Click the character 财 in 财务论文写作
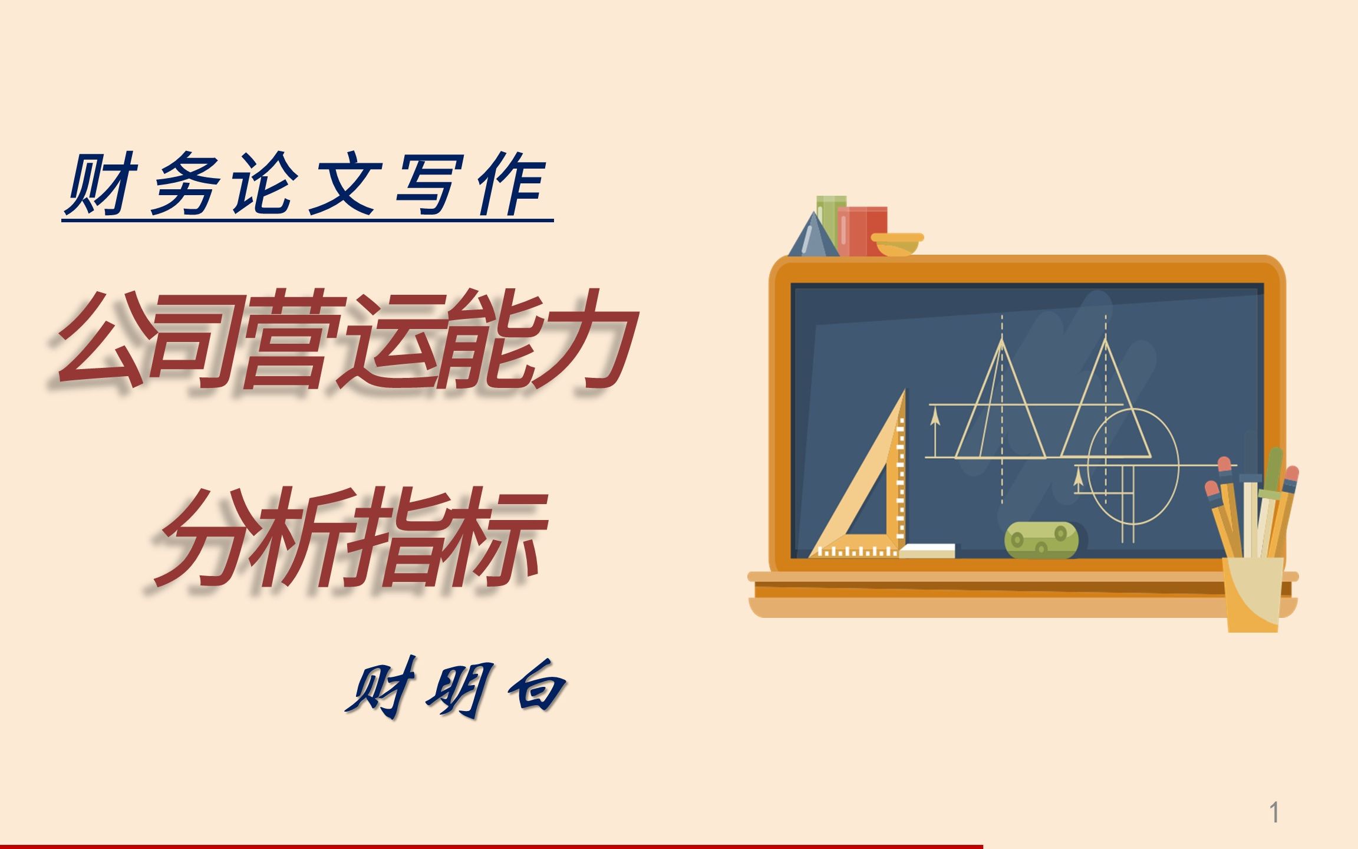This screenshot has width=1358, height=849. coord(100,183)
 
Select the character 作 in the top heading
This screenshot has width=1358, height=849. coord(510,183)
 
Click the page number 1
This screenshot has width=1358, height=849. coord(1274,812)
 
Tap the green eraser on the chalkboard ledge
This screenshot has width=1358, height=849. coord(1041,539)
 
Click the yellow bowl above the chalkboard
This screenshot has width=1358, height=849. coord(896,243)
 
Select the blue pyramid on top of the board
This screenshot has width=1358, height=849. coord(813,237)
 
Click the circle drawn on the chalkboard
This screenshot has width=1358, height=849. coord(1133,466)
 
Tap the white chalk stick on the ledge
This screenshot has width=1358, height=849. coord(927,551)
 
